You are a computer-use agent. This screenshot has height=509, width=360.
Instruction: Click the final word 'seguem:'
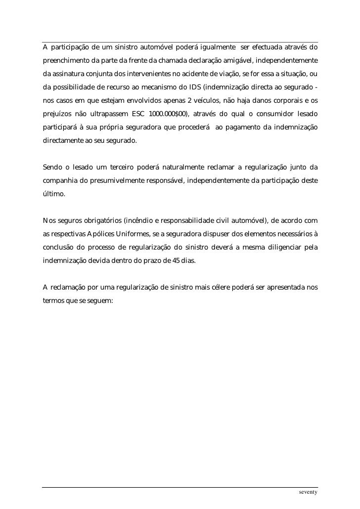point(101,299)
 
